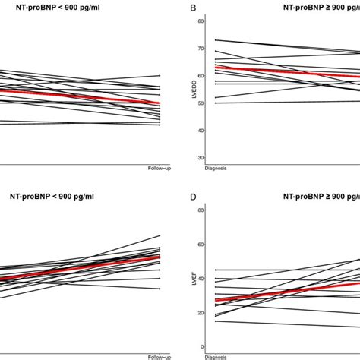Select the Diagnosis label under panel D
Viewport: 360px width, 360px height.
217,356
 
